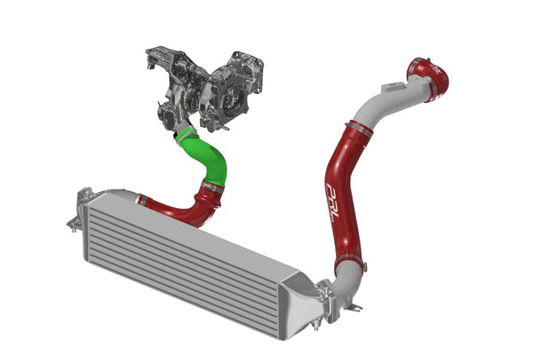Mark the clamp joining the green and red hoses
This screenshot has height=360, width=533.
212,188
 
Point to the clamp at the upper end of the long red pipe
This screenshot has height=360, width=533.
356,131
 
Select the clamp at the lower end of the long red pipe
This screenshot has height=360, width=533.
350,264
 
